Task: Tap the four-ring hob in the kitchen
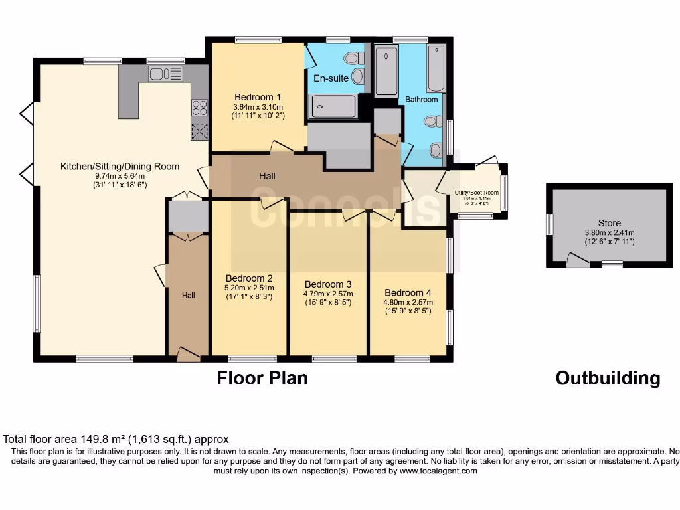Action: [199, 107]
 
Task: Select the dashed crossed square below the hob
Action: [199, 131]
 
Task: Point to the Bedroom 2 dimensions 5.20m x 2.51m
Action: [249, 288]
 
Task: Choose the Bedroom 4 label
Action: [408, 292]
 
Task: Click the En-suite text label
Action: [331, 78]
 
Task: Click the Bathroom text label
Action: [422, 100]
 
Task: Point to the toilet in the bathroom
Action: [433, 122]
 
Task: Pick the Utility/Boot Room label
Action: [476, 193]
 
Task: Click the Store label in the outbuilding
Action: [609, 224]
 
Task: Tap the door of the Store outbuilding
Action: [577, 261]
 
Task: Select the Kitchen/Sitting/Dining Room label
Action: [120, 166]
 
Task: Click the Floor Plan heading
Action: [262, 378]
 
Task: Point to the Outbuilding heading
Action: [608, 378]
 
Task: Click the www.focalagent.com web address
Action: [437, 471]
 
